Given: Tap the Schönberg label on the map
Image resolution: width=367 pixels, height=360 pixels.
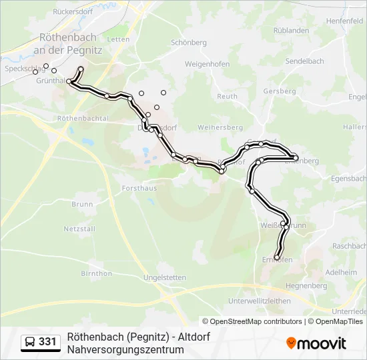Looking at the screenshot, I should pos(189,41).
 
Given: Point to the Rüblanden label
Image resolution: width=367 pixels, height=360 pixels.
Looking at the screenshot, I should pos(291,30).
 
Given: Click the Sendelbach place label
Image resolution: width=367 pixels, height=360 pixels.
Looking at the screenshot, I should pos(304,61).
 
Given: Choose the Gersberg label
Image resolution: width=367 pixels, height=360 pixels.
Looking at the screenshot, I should pos(279,91).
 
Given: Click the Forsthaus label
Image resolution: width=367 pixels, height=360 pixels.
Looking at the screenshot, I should pos(139,189).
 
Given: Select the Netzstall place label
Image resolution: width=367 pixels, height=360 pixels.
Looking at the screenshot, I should pos(79,229).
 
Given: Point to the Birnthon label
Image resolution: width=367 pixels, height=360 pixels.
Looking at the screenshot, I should pos(96,273).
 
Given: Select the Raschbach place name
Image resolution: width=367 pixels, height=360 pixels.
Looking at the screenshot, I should pos(349,246).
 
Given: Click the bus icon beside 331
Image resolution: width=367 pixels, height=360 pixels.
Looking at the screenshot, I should pos(30,342).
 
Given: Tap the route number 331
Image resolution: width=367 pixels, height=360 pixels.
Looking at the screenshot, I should pos(47,342).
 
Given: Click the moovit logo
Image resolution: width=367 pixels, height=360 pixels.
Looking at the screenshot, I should pos(316,343).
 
